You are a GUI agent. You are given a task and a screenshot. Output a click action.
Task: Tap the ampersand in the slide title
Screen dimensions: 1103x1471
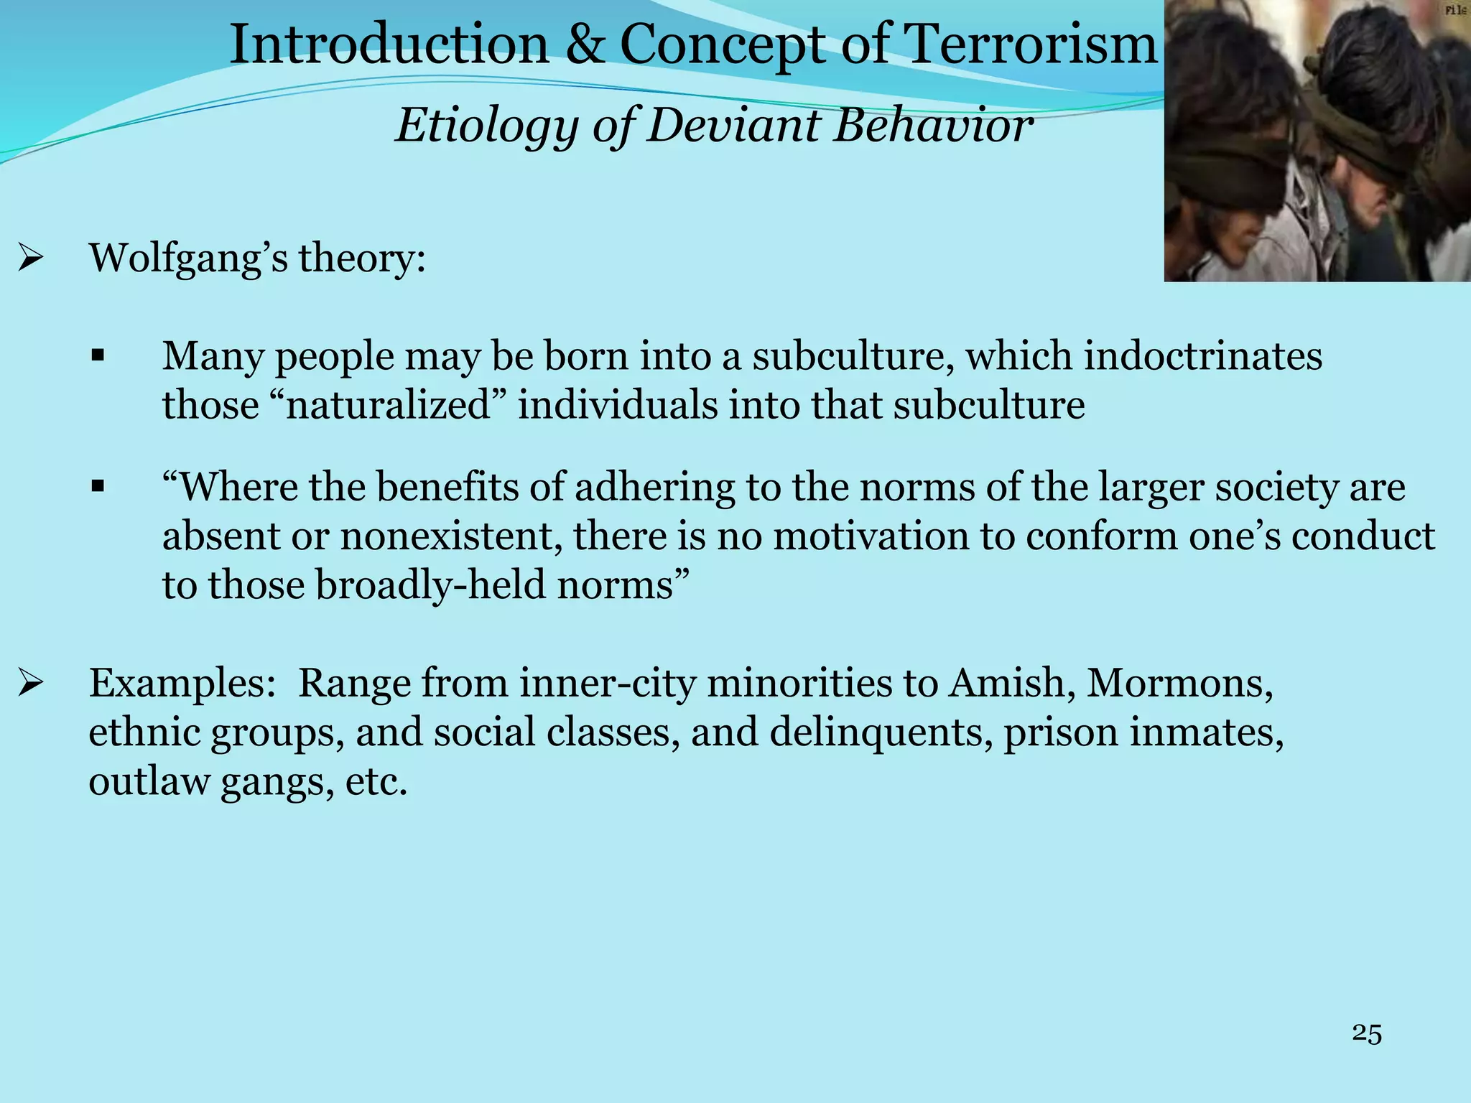tap(585, 45)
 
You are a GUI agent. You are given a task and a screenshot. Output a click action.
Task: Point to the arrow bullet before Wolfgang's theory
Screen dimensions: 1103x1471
tap(32, 257)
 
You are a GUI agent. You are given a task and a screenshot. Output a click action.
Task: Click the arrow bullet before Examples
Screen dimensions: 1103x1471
tap(32, 682)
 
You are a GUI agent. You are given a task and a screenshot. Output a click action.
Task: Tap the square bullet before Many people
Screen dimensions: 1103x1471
tap(98, 355)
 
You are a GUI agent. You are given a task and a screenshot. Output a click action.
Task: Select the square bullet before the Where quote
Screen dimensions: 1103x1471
tap(98, 488)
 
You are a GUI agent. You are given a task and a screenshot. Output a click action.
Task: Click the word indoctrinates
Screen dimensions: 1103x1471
tap(1202, 355)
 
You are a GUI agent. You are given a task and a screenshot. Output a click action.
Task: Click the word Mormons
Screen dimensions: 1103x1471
tap(1179, 682)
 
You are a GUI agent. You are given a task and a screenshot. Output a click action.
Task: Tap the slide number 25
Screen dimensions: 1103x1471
tap(1366, 1033)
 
